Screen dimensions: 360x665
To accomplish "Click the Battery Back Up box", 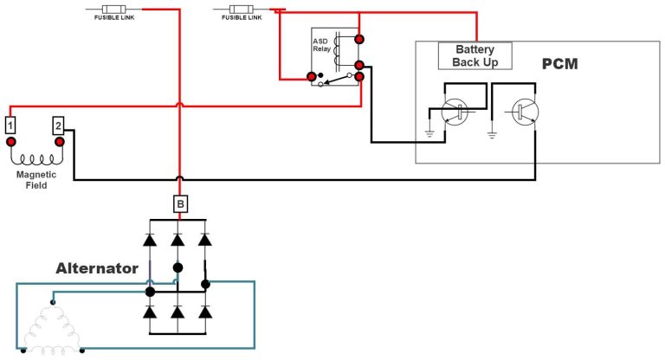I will tap(475, 56).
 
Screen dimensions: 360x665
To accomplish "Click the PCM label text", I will tap(559, 64).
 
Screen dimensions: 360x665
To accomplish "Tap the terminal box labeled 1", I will tap(10, 125).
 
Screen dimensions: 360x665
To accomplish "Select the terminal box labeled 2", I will tap(58, 125).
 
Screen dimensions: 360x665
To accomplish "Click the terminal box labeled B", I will tap(180, 204).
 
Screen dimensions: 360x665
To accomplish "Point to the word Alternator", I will tap(97, 268).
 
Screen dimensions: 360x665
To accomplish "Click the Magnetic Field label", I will tap(36, 179).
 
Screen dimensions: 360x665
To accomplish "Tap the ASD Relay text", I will tap(320, 46).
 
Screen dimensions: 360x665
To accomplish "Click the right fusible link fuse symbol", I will tap(238, 10).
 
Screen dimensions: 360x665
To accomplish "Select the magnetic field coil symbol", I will tap(36, 160).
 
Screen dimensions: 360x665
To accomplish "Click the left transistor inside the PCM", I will tap(453, 111).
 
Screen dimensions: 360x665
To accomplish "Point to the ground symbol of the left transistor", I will tap(429, 133).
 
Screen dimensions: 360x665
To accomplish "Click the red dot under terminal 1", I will tap(12, 141).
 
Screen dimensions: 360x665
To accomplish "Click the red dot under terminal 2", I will tap(59, 141).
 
